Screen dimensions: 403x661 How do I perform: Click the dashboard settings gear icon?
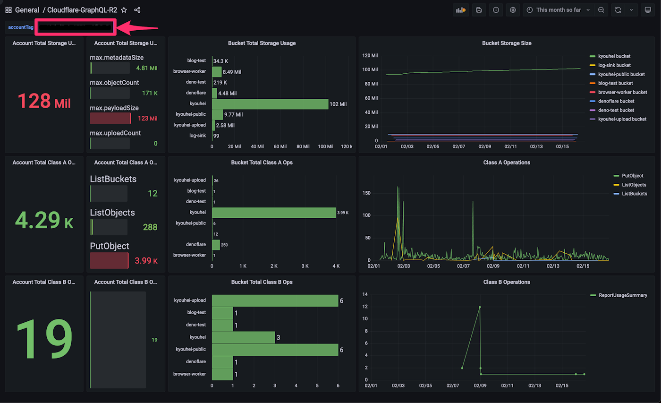coord(513,10)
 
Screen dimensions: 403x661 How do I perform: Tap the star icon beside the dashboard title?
coord(124,10)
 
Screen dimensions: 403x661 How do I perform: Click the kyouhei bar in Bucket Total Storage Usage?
coord(270,104)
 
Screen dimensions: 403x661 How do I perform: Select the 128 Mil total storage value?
coord(44,101)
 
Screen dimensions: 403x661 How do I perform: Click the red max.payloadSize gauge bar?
coord(110,118)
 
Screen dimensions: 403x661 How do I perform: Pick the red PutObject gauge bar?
coord(109,260)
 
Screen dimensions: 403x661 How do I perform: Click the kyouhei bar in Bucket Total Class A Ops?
coord(274,213)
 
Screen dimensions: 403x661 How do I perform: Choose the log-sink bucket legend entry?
coord(614,65)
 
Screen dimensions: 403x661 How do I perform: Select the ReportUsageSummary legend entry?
coord(623,295)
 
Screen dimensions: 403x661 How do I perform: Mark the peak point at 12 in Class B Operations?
coord(480,307)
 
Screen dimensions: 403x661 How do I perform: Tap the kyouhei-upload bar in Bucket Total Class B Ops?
coord(275,300)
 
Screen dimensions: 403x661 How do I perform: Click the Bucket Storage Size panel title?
coord(507,43)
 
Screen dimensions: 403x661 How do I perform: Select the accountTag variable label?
coord(21,27)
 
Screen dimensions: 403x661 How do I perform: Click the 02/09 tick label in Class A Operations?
coord(493,266)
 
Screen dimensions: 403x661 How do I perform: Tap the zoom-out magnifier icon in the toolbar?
coord(601,10)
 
